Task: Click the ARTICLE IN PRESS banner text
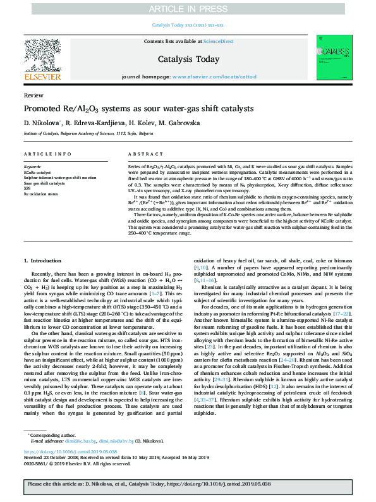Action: click(x=188, y=8)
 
